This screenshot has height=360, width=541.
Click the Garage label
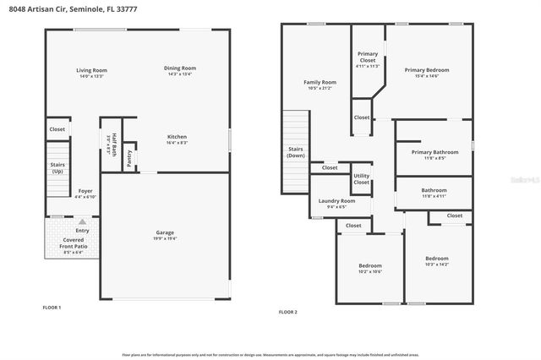coord(165,234)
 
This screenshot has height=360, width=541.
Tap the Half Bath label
coord(111,145)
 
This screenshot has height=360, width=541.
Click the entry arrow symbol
coord(82,221)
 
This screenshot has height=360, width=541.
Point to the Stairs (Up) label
coord(57,168)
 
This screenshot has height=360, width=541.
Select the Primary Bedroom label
coord(427,72)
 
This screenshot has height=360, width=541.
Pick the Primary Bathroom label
coord(434,154)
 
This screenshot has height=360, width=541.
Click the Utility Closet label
coord(361,178)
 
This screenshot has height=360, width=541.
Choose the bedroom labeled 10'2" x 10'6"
coord(370,268)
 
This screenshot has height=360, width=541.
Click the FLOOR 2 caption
coord(288,312)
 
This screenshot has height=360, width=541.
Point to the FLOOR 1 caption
coord(52,307)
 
